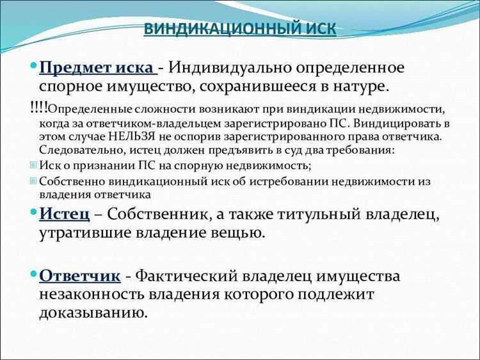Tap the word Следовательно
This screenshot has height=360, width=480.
(x=78, y=151)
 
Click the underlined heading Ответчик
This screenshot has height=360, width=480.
(x=79, y=276)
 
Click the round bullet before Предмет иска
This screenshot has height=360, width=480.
(x=33, y=65)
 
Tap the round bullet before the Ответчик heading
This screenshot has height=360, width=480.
(x=33, y=274)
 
